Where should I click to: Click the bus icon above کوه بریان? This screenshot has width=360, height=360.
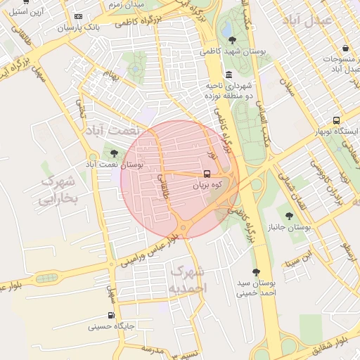(207, 173)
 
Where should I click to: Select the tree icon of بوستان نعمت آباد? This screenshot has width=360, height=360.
(114, 153)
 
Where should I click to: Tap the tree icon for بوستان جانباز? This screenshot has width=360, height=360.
(289, 215)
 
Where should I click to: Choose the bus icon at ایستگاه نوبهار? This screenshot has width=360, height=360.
(336, 120)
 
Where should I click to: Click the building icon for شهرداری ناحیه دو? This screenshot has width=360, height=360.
(229, 75)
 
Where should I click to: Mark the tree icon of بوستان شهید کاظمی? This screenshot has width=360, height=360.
(233, 40)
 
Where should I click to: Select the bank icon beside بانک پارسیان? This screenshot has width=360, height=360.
(77, 16)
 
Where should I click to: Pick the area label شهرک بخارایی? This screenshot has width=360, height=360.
(58, 190)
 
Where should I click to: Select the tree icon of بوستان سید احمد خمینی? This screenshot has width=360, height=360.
(255, 271)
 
